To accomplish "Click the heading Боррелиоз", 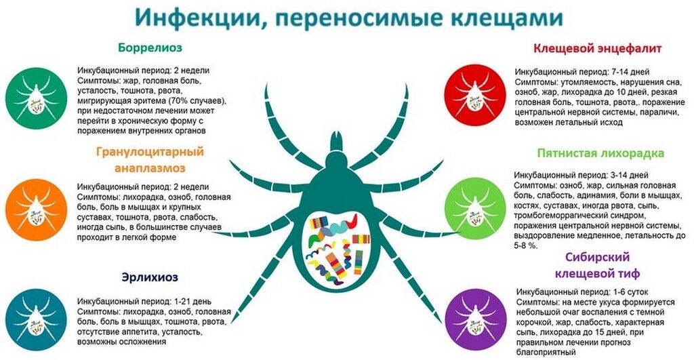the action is [150, 48].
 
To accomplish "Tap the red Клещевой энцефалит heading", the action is [597, 48].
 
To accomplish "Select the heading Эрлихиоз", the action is [150, 278].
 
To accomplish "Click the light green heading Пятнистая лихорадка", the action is [600, 153].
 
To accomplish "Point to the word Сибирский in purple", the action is [597, 257].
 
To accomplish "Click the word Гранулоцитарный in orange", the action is [150, 151].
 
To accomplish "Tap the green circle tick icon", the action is [37, 99].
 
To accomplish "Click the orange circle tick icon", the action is [37, 210].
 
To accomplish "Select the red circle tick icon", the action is [475, 95].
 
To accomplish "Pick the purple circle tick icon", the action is [475, 320].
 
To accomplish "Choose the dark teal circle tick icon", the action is [37, 320].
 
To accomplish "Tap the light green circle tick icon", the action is [475, 209].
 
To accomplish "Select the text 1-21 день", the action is [189, 302].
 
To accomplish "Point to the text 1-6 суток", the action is [631, 292].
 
